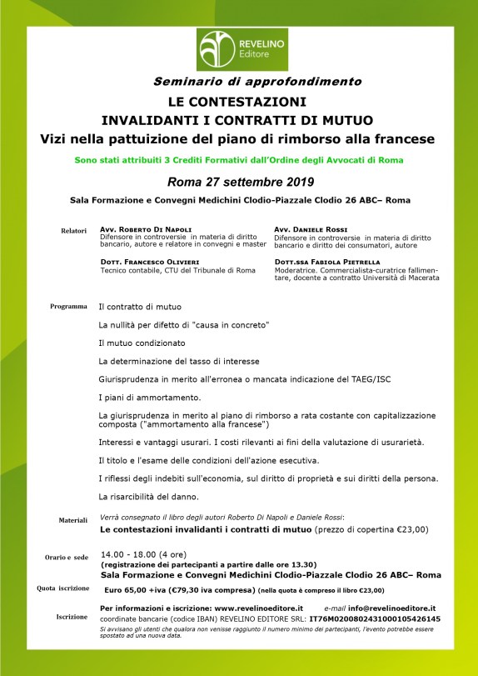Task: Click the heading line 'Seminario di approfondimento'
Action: pyautogui.click(x=257, y=82)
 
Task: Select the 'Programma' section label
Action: pyautogui.click(x=68, y=307)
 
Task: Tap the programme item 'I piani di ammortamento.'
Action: pyautogui.click(x=149, y=397)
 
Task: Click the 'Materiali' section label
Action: pyautogui.click(x=72, y=519)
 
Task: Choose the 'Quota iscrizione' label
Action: pyautogui.click(x=62, y=588)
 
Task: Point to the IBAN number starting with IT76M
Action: pyautogui.click(x=374, y=619)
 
